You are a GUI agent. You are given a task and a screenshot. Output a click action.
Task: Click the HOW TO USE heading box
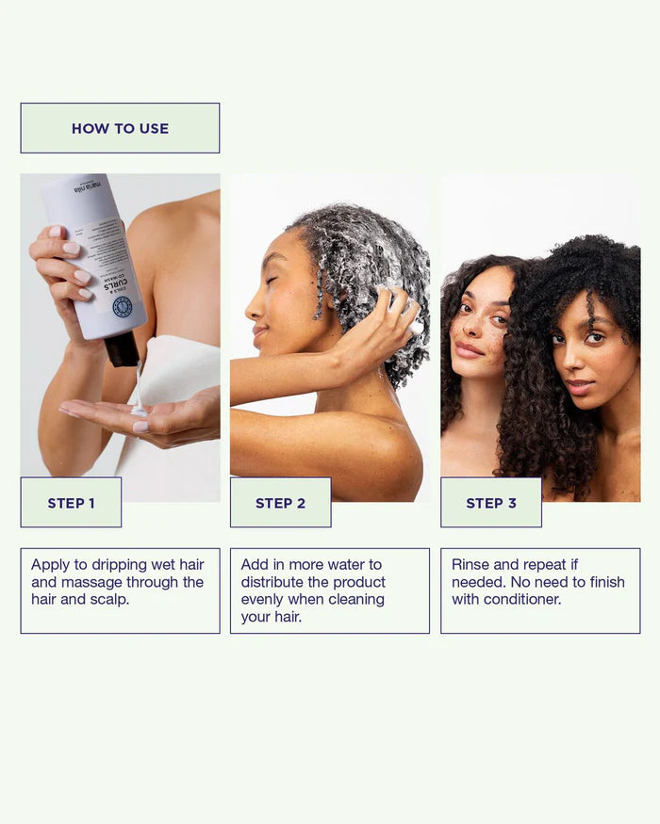(120, 128)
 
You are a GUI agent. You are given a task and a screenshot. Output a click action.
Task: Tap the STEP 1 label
(71, 503)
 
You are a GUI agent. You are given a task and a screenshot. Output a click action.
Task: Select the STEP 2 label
(280, 503)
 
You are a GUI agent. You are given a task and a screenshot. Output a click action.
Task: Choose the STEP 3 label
(490, 503)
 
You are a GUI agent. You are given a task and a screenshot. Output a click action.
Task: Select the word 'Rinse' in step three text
(470, 565)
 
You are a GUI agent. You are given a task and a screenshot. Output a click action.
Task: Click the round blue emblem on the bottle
(122, 307)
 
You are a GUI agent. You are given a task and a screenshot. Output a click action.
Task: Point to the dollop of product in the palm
(138, 411)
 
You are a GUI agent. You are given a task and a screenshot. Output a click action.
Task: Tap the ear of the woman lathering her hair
(321, 301)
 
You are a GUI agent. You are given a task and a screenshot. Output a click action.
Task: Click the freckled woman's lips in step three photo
(469, 350)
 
